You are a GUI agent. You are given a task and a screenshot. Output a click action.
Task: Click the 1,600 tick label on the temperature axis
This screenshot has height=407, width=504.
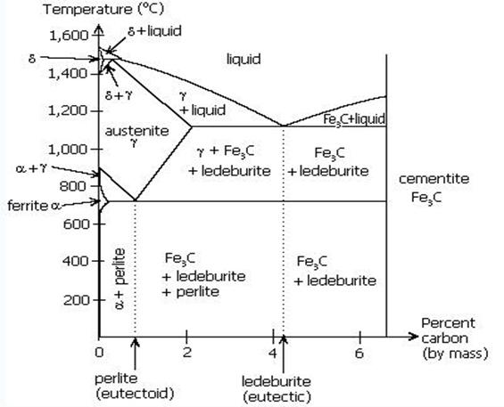coord(68,36)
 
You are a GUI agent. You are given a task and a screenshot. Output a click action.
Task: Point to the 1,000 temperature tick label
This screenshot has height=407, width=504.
coord(68,150)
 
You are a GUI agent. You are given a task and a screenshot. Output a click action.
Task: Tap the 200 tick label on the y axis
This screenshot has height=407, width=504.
coord(76,300)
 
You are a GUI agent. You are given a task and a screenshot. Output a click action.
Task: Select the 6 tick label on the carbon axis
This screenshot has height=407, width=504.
coord(359,353)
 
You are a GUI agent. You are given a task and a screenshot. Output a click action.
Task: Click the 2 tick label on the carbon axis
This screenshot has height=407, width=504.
coord(186,353)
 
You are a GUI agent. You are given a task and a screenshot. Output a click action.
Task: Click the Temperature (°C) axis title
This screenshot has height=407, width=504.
coord(103,9)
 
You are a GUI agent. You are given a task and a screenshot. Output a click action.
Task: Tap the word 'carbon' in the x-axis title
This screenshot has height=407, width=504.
coord(444,338)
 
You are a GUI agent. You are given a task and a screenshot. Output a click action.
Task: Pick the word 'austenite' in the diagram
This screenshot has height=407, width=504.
coord(137,131)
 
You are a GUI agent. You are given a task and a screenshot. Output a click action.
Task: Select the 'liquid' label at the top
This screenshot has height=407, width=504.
coord(244,60)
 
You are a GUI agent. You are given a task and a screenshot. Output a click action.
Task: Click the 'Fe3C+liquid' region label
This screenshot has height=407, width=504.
coord(354,119)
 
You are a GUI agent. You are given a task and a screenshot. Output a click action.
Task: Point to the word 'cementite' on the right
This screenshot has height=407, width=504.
coord(434,179)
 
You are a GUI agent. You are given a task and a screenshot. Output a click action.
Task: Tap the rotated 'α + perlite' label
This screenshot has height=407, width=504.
coord(120,279)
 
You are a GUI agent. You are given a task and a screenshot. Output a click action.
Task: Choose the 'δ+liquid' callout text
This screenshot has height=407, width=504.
coord(154,31)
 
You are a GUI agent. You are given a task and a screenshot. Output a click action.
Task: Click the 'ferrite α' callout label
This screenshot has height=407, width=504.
coord(34,206)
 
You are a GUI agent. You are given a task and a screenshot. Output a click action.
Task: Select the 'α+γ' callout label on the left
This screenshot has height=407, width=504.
coord(31,168)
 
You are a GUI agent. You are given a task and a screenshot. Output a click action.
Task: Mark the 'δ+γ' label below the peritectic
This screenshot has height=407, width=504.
coord(119,95)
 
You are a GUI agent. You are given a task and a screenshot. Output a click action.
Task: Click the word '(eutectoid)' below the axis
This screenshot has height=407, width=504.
coord(135,394)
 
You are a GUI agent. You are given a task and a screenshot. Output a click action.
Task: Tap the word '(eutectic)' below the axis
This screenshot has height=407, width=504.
coord(277,396)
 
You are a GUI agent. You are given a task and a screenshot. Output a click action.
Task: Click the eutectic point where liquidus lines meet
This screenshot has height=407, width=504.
coord(283,126)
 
